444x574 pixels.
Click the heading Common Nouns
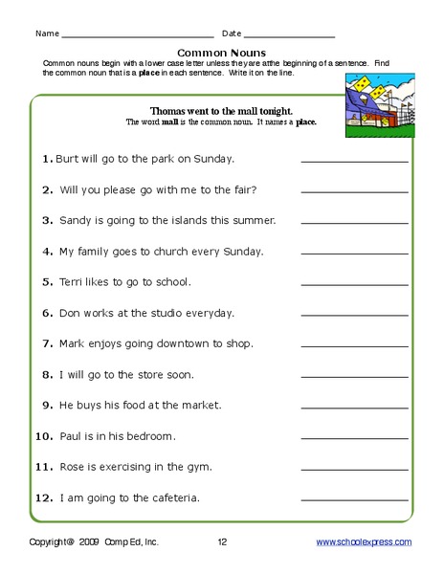(x=221, y=53)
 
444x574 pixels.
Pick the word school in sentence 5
(x=173, y=282)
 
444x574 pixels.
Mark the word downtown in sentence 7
(x=164, y=344)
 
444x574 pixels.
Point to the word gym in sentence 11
(x=199, y=468)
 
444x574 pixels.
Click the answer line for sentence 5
(x=354, y=286)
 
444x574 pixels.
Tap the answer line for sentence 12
(x=354, y=502)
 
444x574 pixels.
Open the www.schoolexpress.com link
(x=364, y=542)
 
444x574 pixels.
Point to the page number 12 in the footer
(x=222, y=542)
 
